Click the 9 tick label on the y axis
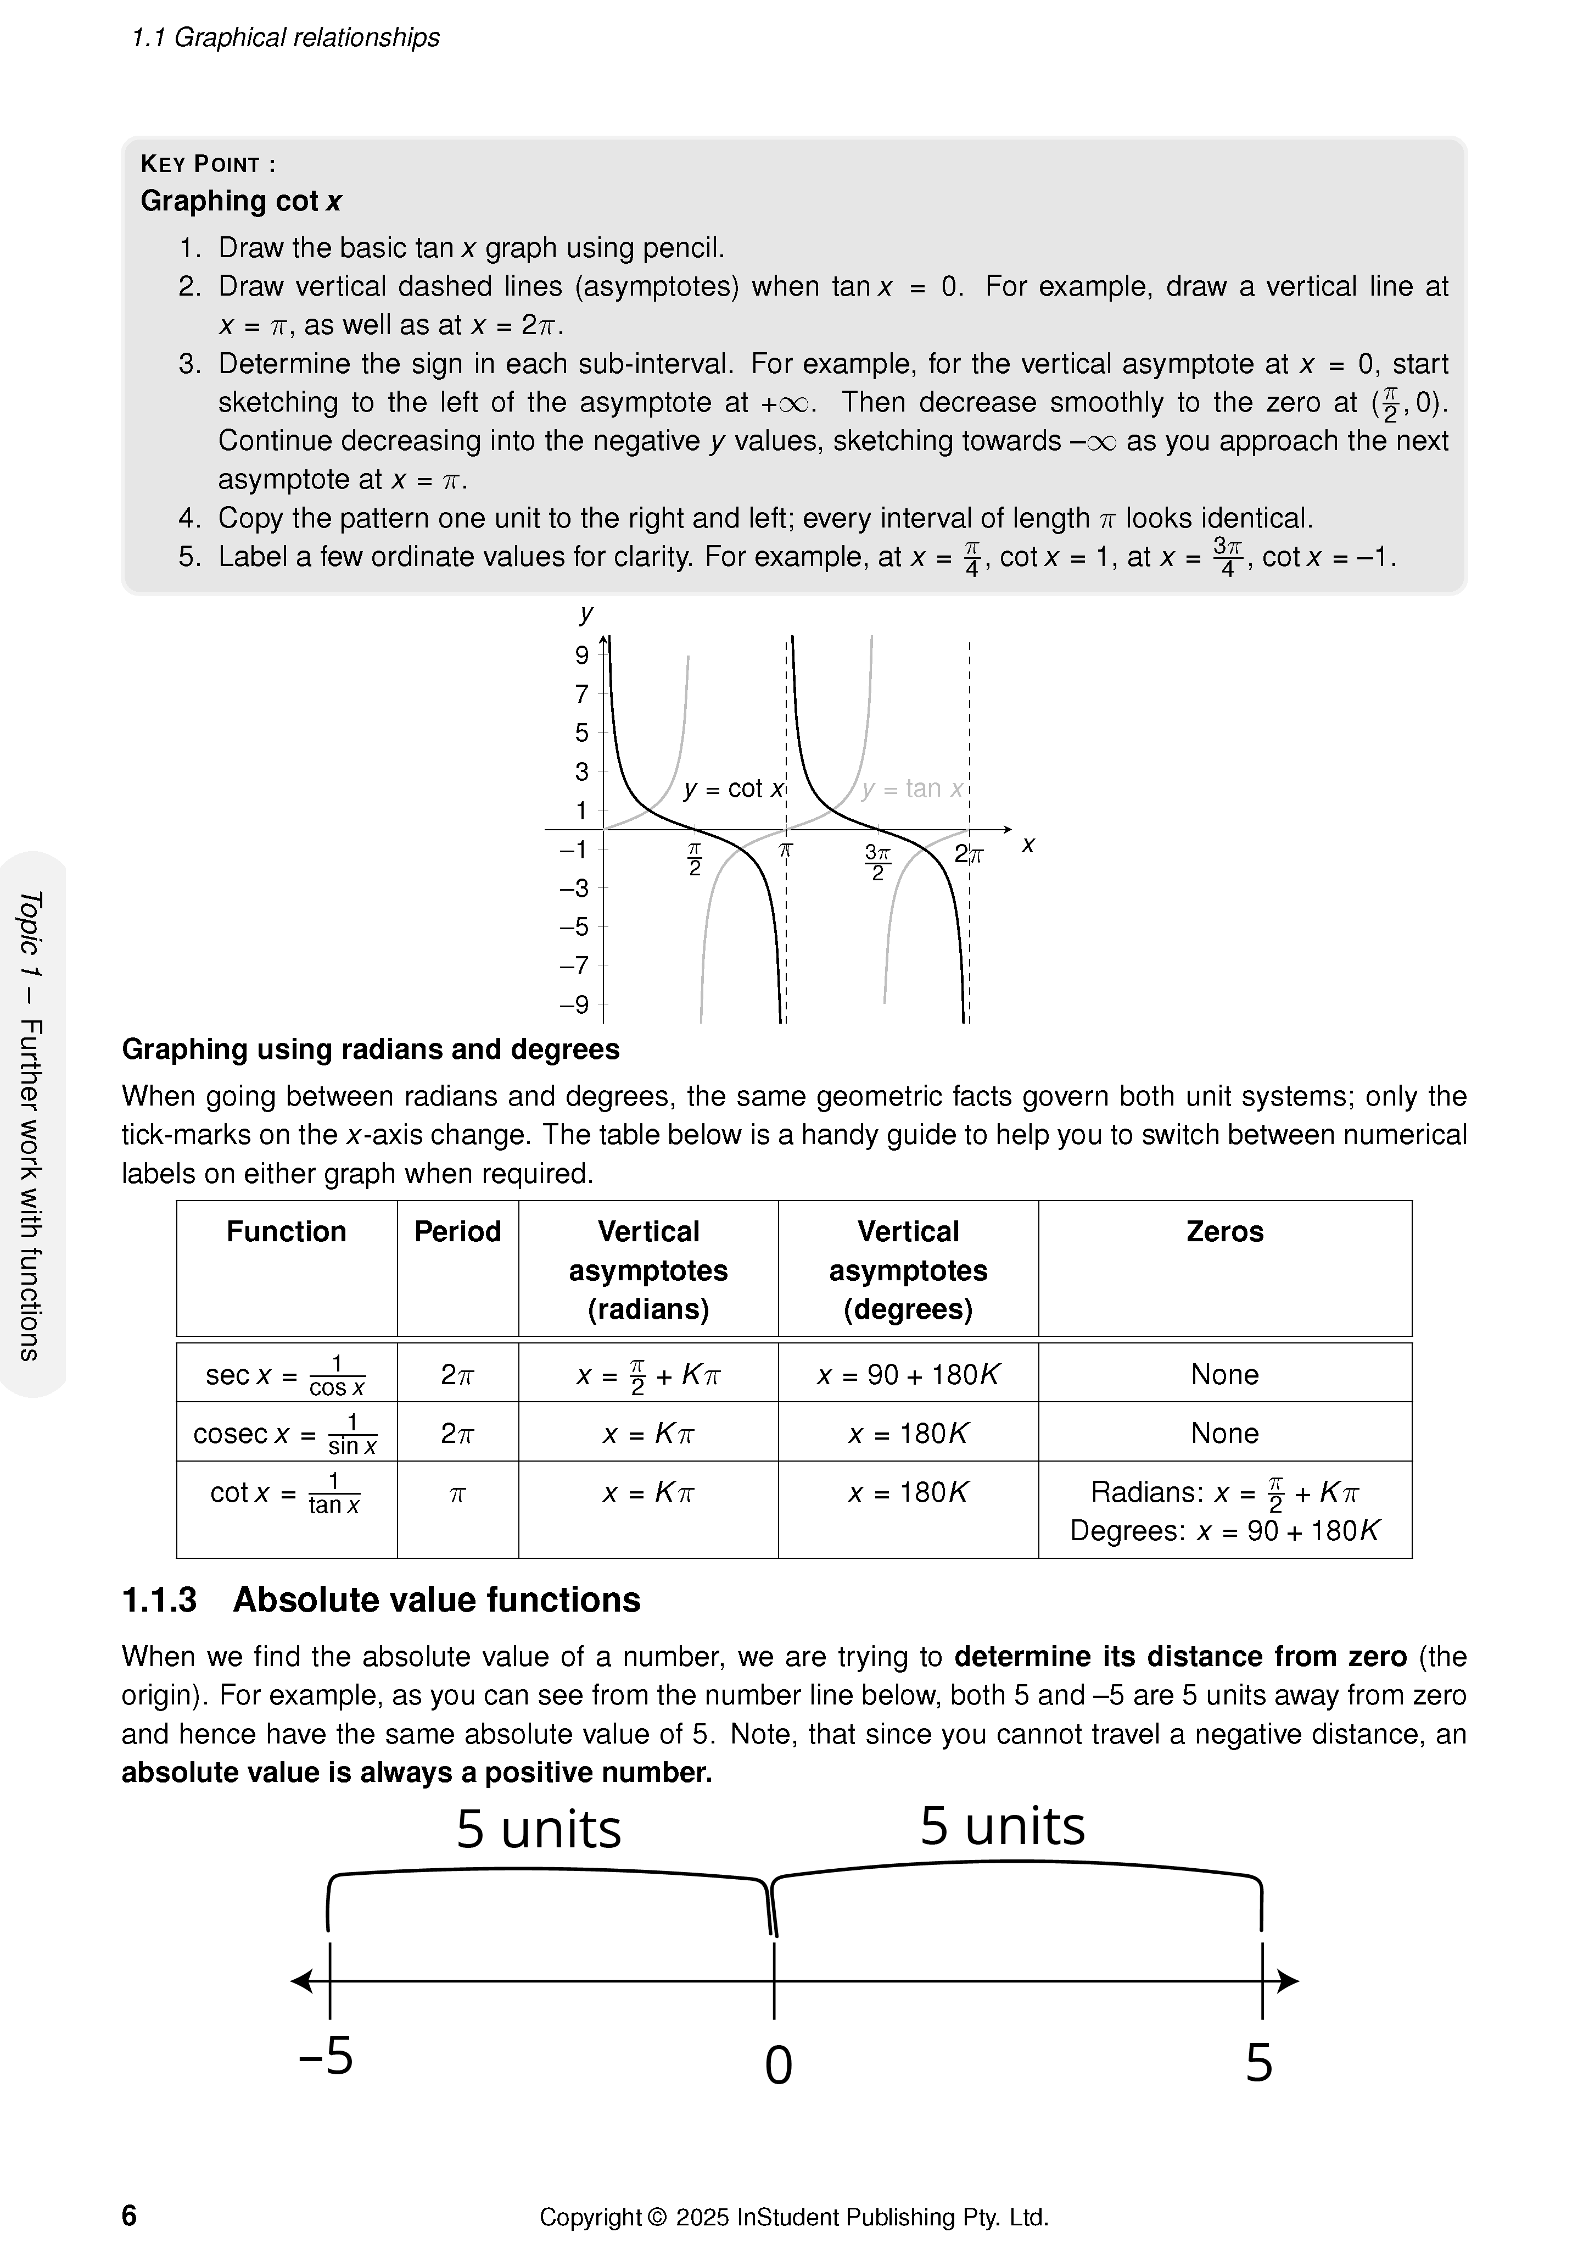point(581,656)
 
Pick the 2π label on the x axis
point(969,855)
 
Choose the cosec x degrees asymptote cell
point(908,1434)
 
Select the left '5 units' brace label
point(539,1829)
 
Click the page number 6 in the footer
point(129,2215)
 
